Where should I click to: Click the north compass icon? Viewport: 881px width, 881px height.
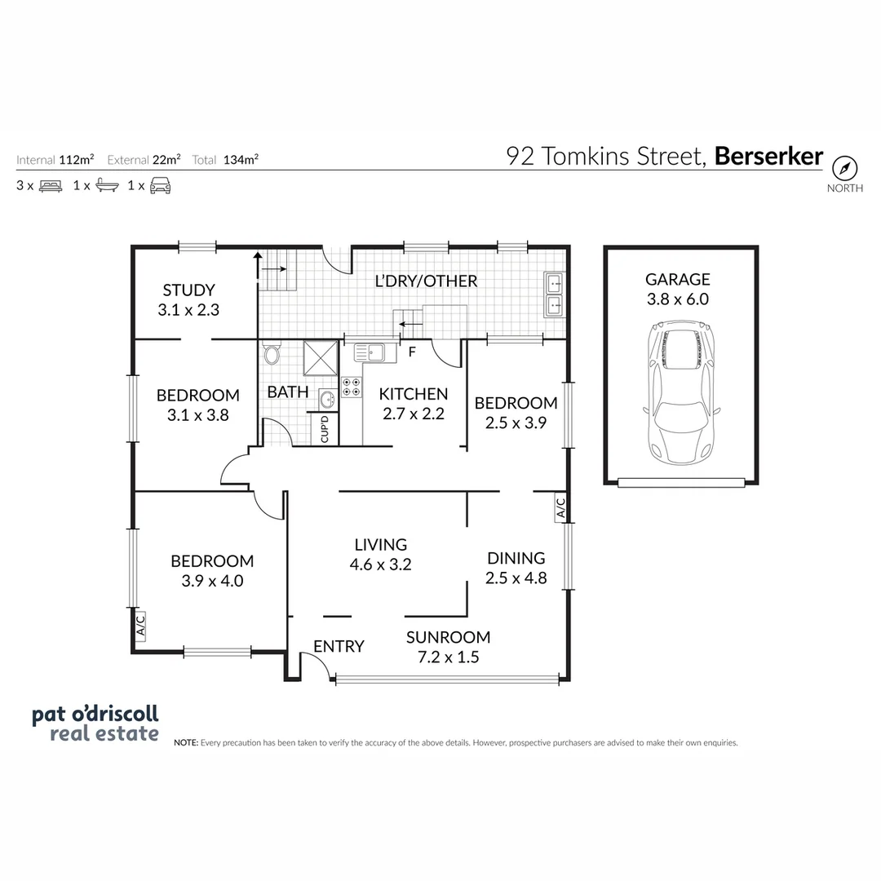click(845, 169)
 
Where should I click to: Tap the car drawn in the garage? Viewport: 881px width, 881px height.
click(682, 393)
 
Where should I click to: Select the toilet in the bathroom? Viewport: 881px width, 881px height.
click(272, 356)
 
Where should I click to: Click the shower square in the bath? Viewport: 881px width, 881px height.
click(321, 356)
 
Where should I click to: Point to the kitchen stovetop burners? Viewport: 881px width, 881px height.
click(352, 387)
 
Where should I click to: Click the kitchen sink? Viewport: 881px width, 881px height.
click(370, 352)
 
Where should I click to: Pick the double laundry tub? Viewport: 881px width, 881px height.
click(554, 294)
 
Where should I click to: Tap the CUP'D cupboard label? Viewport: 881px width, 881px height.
click(324, 429)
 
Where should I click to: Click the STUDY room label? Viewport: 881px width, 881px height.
click(188, 290)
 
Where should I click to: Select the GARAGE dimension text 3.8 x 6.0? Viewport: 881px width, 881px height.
click(678, 299)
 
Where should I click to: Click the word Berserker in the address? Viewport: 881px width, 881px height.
click(768, 156)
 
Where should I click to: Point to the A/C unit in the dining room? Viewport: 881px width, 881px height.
click(560, 508)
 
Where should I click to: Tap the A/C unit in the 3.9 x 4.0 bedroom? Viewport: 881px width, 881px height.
click(139, 625)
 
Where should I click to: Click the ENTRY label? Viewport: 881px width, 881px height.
click(339, 646)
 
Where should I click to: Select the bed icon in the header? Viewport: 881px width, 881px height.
click(51, 185)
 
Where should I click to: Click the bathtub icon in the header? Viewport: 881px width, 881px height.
click(107, 185)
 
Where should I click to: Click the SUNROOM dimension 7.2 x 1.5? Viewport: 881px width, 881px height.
click(448, 657)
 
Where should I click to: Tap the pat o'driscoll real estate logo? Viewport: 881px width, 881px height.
click(95, 724)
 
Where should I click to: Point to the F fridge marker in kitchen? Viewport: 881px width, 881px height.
click(412, 352)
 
